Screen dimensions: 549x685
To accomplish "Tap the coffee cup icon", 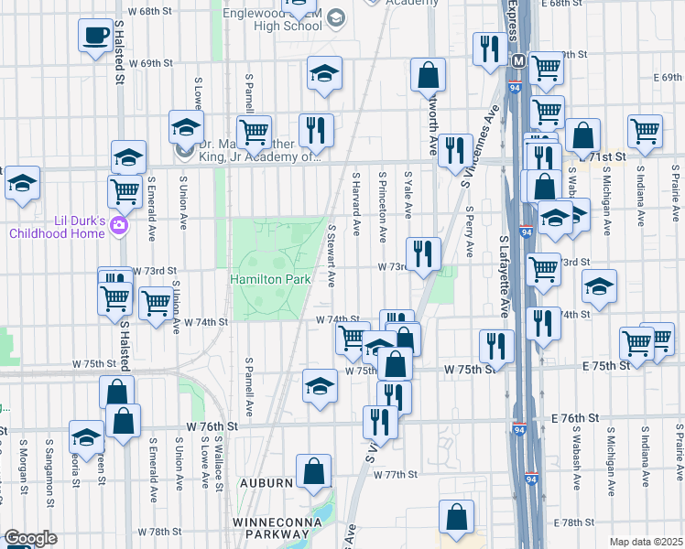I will point(94,37).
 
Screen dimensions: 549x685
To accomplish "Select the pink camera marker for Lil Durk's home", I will point(118,225).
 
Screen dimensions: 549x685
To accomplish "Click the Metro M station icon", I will point(517,61).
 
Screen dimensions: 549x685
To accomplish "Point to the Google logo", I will point(31,538).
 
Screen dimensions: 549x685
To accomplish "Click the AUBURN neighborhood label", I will point(268,482).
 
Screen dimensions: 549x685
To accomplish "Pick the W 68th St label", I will point(150,11).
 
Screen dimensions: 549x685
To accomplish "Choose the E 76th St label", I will point(576,417).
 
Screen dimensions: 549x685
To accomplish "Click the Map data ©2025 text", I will point(646,542).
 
